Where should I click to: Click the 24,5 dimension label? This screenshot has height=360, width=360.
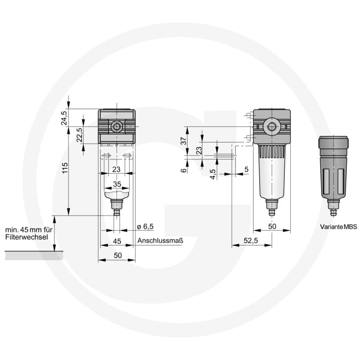[x=64, y=118]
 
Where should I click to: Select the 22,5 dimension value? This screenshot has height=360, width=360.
[x=79, y=135]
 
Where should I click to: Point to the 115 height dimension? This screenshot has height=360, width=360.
[x=65, y=168]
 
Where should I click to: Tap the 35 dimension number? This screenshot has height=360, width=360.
[x=117, y=184]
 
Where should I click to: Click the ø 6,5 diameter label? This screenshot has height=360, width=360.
[x=145, y=227]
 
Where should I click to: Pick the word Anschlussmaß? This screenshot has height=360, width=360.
[x=160, y=241]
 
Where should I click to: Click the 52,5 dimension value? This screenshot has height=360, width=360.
[x=251, y=241]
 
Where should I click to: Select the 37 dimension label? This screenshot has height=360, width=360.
[x=184, y=141]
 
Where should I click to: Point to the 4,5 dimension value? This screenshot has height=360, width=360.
[x=213, y=174]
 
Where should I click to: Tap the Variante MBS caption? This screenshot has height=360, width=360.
[x=338, y=227]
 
